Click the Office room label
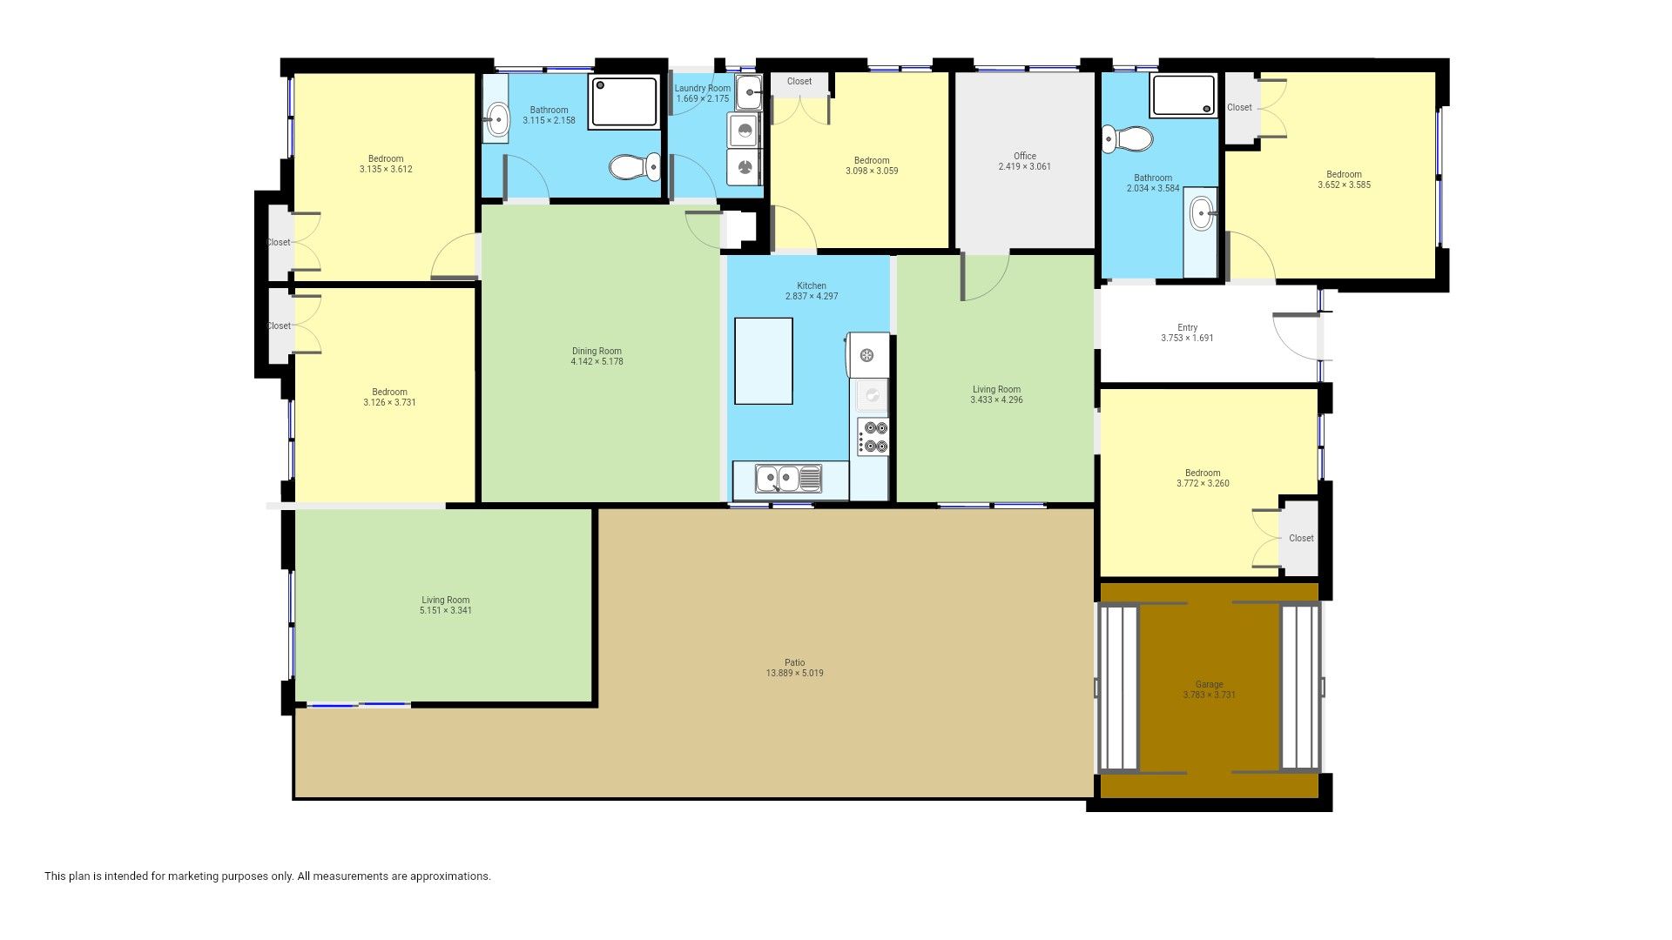(x=1024, y=156)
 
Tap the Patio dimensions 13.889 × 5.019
(x=794, y=673)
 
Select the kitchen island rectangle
(x=764, y=361)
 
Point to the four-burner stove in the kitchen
(x=873, y=437)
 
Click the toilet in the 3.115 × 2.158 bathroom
(x=635, y=166)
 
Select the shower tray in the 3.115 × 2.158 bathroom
(x=625, y=103)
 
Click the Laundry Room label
(x=703, y=88)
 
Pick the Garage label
(x=1209, y=684)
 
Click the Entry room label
(x=1187, y=327)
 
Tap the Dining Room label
(x=597, y=351)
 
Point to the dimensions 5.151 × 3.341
(x=445, y=610)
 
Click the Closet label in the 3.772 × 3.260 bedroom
(x=1301, y=538)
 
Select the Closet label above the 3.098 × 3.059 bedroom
(x=799, y=81)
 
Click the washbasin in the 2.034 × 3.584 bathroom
(x=1202, y=212)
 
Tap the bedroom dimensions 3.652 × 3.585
(x=1344, y=185)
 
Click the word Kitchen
(x=812, y=285)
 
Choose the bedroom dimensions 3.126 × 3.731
(x=389, y=402)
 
